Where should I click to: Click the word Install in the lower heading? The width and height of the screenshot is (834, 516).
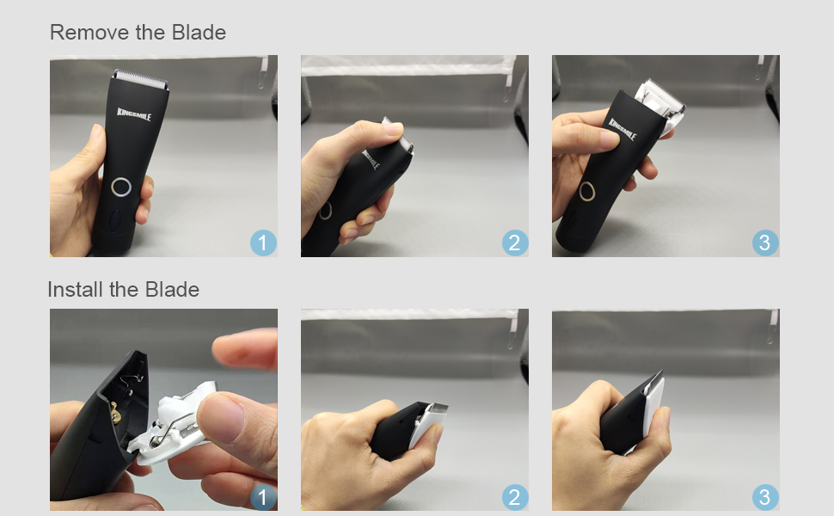75,290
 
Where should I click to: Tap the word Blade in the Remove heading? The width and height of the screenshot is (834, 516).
197,33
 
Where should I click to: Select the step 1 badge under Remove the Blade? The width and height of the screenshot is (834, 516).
263,243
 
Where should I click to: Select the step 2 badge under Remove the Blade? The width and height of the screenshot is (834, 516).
514,243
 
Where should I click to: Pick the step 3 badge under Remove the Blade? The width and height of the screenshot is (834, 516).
765,243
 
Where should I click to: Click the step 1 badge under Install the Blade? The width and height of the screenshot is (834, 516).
263,497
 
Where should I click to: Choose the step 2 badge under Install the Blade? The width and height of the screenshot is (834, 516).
514,497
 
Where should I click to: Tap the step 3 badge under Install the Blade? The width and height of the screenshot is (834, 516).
765,497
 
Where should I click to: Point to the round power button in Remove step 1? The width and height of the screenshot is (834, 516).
120,187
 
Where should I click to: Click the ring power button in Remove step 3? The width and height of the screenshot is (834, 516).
587,191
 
